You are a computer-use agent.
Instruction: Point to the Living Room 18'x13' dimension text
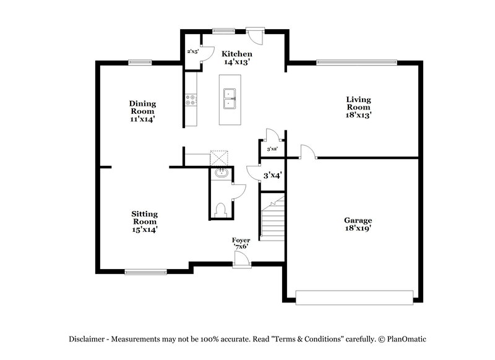point(358,114)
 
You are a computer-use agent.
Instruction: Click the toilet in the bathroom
point(220,210)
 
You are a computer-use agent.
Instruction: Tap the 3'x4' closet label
point(272,176)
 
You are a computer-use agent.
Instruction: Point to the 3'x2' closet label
point(272,149)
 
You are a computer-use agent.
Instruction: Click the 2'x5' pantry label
point(192,51)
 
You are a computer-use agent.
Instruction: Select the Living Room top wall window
point(356,61)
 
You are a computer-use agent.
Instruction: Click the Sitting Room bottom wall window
point(145,271)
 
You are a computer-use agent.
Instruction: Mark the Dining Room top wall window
point(140,61)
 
